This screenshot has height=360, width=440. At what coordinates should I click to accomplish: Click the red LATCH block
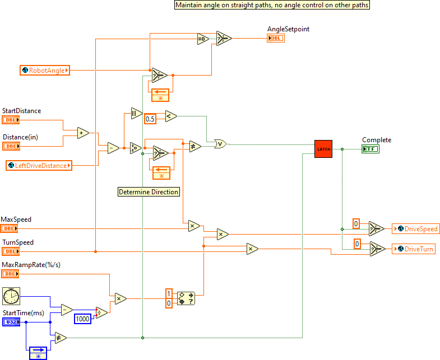(323, 149)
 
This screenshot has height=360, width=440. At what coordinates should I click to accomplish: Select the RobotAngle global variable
(44, 71)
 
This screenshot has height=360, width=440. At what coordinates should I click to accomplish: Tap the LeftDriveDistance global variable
(39, 165)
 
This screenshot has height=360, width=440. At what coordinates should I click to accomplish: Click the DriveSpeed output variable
(415, 229)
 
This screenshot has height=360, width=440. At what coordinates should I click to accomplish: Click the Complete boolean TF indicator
(370, 148)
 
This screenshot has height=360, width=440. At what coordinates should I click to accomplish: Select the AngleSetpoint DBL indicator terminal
(276, 38)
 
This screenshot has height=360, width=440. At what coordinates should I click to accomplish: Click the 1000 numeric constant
(82, 319)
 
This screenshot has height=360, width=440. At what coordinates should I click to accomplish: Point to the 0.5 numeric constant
(150, 119)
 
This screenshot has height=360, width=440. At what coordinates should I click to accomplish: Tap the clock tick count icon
(11, 295)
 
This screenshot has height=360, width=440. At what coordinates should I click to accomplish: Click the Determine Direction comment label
(149, 192)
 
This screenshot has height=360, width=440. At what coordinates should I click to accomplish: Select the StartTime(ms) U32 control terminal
(11, 322)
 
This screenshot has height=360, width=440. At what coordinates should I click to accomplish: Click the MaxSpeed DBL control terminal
(11, 228)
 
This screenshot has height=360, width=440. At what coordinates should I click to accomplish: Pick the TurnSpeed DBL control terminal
(11, 251)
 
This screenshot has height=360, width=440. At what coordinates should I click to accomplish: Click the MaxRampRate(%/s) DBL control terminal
(11, 274)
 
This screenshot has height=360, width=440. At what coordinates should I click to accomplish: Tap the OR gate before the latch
(221, 144)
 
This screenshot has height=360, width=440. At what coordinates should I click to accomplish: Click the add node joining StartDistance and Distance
(83, 133)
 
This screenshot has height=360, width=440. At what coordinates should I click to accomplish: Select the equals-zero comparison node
(202, 39)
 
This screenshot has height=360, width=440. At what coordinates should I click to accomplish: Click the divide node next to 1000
(101, 312)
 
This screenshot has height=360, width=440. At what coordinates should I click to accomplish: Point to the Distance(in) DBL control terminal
(11, 146)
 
